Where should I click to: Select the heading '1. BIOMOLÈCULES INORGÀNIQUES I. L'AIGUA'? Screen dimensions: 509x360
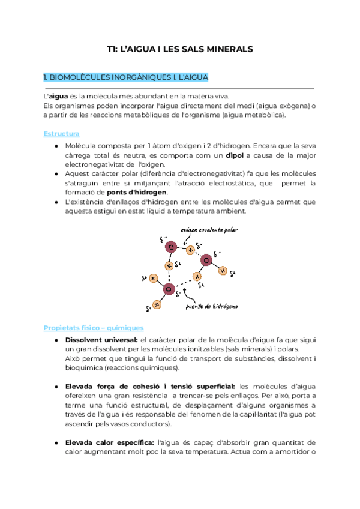(126, 77)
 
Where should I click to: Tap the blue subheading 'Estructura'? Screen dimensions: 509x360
(61, 133)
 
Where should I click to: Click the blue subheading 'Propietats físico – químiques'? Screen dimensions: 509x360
(94, 328)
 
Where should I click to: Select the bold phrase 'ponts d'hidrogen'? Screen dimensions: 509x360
(137, 192)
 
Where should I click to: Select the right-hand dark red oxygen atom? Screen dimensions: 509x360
(206, 261)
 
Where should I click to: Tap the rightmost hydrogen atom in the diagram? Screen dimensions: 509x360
(223, 270)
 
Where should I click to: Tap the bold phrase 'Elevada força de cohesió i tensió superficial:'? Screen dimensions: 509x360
(151, 386)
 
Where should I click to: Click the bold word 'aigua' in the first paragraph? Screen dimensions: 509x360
(58, 97)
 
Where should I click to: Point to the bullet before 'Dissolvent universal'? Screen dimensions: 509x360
(56, 340)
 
